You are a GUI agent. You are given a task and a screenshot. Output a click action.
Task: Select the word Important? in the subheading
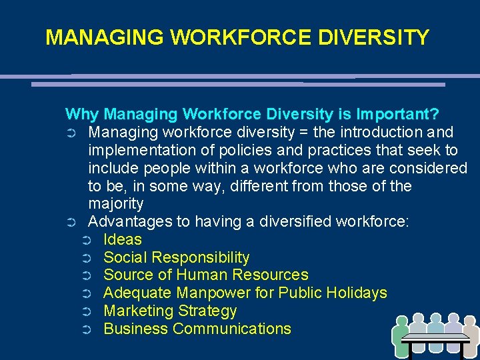coord(397,114)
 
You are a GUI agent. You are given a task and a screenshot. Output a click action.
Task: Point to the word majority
coord(115,203)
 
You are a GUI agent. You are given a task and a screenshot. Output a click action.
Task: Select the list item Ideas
coord(123,239)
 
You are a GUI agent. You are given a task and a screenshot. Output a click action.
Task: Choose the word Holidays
coord(355,293)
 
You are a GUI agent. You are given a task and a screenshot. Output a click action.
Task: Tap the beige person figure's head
coord(471,323)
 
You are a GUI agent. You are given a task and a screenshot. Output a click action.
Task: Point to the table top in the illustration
coord(436,338)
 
